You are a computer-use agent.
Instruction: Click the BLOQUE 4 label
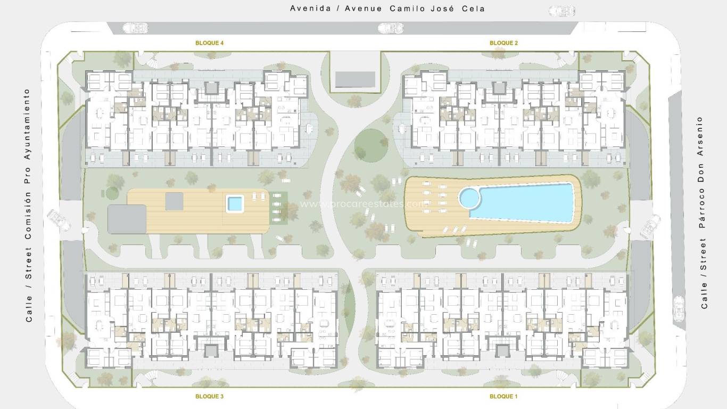[x=209, y=43]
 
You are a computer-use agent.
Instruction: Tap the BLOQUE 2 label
[x=503, y=43]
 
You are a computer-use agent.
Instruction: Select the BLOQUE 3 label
[x=209, y=396]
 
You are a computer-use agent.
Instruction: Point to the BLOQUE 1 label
[x=503, y=396]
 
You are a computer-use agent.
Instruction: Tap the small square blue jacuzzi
[x=234, y=203]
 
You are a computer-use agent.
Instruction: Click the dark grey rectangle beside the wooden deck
[x=127, y=219]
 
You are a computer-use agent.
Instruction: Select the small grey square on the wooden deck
[x=175, y=201]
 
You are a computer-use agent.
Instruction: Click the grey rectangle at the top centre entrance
[x=356, y=80]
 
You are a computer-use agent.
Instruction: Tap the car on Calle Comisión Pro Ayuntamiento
[x=59, y=220]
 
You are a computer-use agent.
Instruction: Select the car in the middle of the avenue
[x=391, y=28]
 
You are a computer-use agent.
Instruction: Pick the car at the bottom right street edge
[x=679, y=309]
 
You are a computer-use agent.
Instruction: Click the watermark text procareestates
[x=363, y=203]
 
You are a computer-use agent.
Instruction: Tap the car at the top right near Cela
[x=562, y=10]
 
